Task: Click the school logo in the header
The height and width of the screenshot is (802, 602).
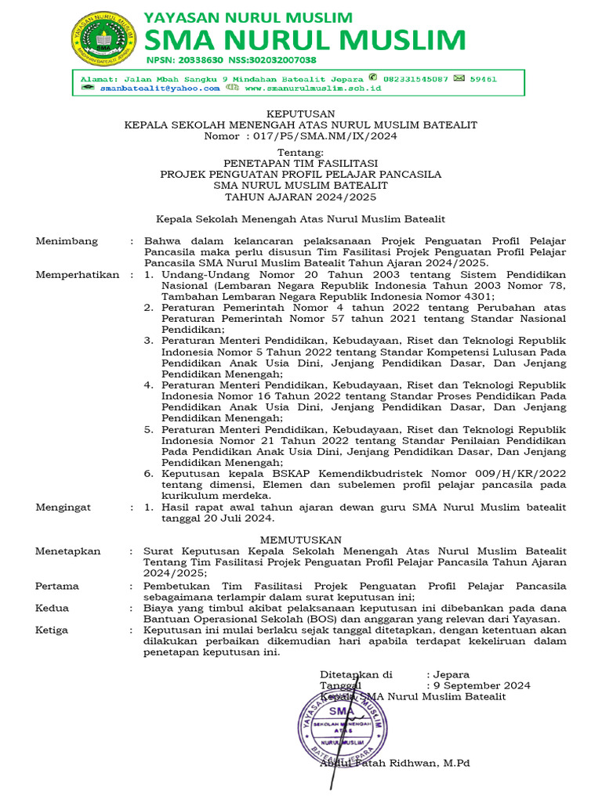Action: click(x=103, y=38)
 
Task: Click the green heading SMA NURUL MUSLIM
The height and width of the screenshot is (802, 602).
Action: click(x=305, y=40)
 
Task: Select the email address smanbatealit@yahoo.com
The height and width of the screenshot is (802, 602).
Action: click(x=160, y=89)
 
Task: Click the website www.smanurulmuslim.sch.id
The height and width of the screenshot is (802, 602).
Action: click(x=313, y=89)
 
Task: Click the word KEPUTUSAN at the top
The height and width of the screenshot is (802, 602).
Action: click(x=301, y=114)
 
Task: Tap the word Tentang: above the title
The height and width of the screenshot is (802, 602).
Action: click(x=300, y=152)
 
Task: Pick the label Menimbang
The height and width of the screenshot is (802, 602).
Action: click(x=67, y=241)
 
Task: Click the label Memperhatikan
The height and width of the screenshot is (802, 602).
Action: click(x=78, y=275)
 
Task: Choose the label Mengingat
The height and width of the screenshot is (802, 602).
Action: click(x=64, y=508)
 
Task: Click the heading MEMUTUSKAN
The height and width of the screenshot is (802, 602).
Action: click(x=301, y=540)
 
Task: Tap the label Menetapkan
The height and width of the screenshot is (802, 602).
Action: click(x=68, y=551)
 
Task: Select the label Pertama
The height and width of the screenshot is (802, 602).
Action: click(x=57, y=585)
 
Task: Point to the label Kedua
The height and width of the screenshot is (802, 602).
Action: click(x=53, y=608)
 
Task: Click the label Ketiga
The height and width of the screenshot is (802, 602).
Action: click(x=52, y=630)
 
